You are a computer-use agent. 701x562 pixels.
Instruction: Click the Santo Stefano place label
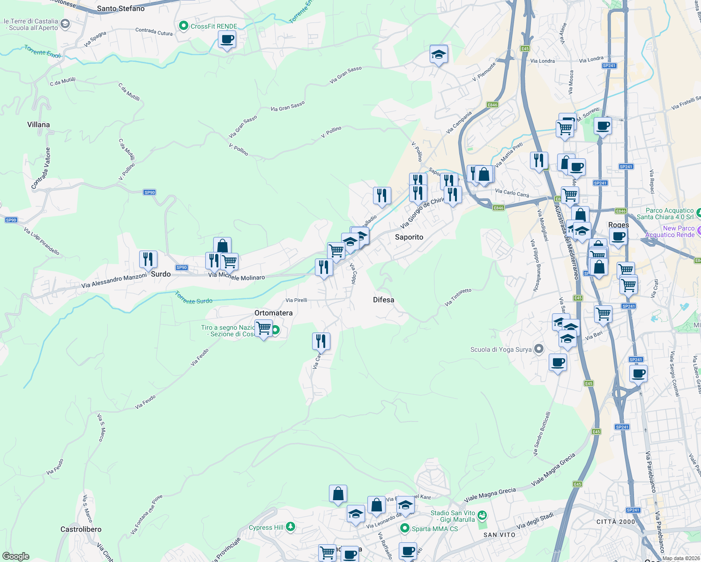pos(120,8)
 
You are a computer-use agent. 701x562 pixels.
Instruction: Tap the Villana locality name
pos(38,125)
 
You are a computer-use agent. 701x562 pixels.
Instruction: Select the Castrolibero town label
pos(81,529)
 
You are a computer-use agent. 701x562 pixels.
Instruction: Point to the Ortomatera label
pos(273,313)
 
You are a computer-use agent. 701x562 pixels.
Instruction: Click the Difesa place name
pos(383,300)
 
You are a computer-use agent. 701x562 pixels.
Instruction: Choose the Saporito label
pos(409,237)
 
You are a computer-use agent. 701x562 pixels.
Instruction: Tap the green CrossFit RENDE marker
pos(184,26)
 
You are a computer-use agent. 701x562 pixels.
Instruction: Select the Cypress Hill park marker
pos(291,527)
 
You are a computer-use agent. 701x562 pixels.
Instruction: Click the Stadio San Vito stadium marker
pos(483,516)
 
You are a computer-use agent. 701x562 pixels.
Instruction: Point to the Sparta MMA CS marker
pos(405,528)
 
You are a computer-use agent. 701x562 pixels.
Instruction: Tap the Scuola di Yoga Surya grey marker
pos(539,349)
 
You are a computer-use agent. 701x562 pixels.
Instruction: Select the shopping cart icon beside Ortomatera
pos(264,328)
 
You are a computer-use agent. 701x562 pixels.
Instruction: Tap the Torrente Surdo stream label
pos(194,298)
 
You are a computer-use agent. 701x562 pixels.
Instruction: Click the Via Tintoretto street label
pos(458,297)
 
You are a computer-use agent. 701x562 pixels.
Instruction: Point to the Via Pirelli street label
pos(296,300)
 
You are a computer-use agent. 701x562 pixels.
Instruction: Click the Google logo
pos(15,556)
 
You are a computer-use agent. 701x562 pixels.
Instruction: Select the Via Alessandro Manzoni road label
pos(114,281)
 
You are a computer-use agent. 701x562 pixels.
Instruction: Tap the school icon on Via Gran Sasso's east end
pos(439,55)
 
